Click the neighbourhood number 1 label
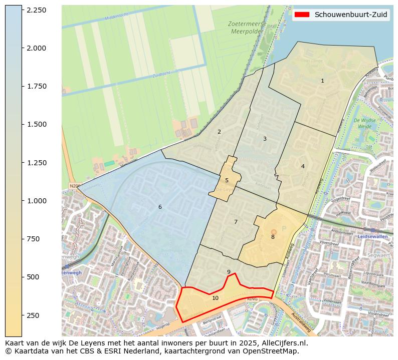[x=322, y=81]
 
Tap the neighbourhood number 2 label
[x=219, y=132]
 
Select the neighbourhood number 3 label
[x=265, y=139]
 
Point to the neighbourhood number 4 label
[x=303, y=166]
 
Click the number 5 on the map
[x=227, y=180]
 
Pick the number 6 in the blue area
[x=160, y=207]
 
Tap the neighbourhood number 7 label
[x=236, y=222]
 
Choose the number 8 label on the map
[x=273, y=237]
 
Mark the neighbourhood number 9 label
[x=229, y=272]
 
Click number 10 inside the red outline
[x=215, y=298]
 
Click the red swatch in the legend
[x=302, y=15]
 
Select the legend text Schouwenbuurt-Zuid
[x=351, y=15]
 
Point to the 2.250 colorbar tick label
[x=36, y=10]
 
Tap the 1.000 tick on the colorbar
[x=36, y=201]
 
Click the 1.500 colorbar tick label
[x=36, y=124]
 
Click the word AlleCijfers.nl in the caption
[x=282, y=343]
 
